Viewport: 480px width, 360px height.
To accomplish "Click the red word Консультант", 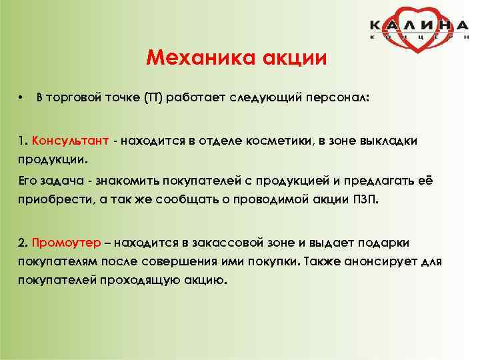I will [68, 141].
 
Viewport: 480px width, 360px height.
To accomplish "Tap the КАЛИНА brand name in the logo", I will [419, 25].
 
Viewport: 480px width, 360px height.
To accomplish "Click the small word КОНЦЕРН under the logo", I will [419, 38].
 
